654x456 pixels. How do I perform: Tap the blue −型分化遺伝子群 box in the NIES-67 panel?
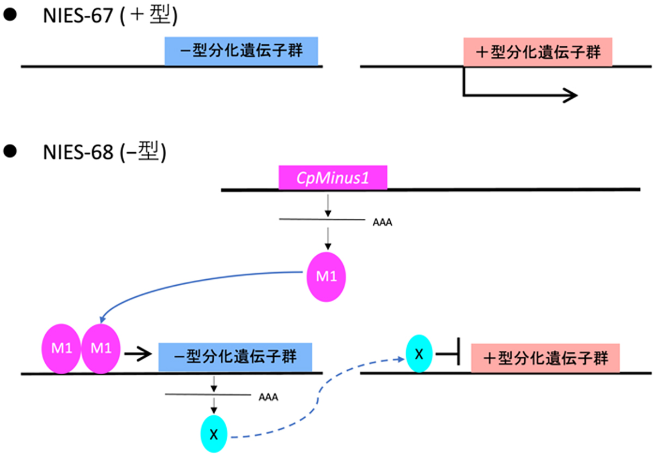[x=241, y=52]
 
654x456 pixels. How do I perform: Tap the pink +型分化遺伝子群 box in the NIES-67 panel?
[x=537, y=52]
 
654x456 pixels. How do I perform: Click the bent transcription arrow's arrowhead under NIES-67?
[x=570, y=95]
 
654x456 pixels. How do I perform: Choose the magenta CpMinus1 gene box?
[x=332, y=177]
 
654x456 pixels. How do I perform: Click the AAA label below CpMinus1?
[x=383, y=223]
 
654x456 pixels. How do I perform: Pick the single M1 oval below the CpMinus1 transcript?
[x=326, y=277]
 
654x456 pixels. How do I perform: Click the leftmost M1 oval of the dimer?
[x=61, y=350]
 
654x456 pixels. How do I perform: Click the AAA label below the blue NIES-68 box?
[x=268, y=397]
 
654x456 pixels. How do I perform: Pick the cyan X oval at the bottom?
[x=214, y=434]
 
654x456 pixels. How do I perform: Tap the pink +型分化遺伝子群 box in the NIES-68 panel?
[x=545, y=358]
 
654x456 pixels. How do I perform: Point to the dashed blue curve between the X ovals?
[x=316, y=404]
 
